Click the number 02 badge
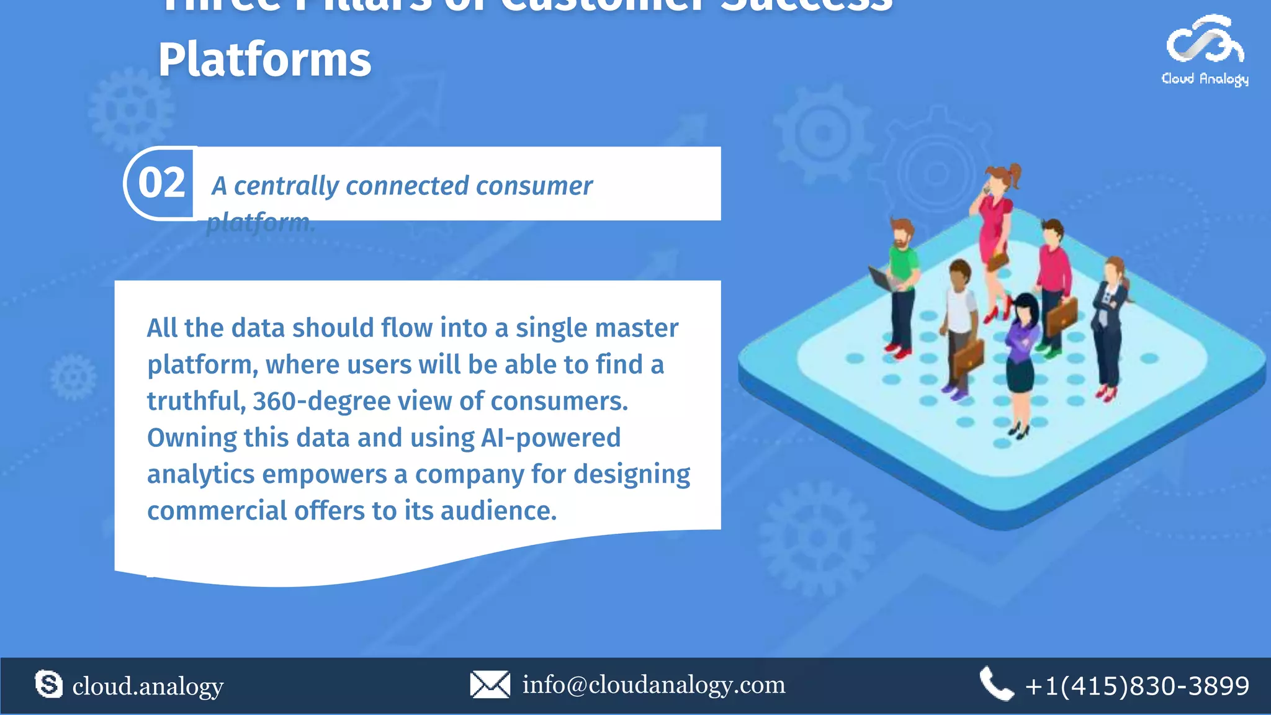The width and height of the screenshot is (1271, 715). (x=161, y=184)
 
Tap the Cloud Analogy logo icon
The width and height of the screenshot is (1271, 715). (x=1205, y=41)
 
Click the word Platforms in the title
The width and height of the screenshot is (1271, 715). (x=264, y=60)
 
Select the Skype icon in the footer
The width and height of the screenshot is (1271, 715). (x=48, y=685)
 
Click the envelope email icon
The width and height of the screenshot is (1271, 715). (x=490, y=685)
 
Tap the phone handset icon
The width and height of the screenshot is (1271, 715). (x=995, y=685)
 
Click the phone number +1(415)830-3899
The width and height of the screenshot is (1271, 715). (x=1137, y=686)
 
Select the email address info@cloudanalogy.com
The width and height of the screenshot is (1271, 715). (x=653, y=685)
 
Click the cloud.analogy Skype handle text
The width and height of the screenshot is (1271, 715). (x=148, y=686)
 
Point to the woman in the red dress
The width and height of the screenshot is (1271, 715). (x=995, y=230)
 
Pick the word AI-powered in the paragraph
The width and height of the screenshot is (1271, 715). (x=550, y=438)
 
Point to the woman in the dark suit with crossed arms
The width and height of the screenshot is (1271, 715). (x=1110, y=317)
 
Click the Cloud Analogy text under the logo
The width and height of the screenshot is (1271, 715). (x=1205, y=79)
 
